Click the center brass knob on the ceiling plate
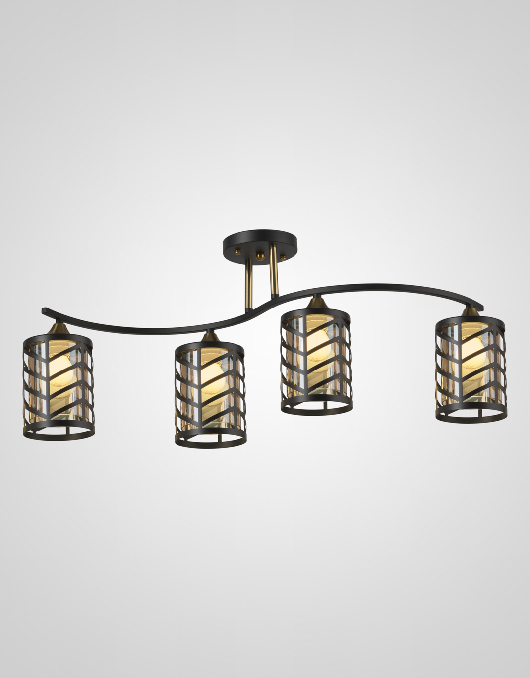tap(259, 256)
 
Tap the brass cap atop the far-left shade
tap(58, 328)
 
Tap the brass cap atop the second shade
tap(210, 337)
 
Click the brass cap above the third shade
tap(315, 301)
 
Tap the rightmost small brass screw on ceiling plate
tap(283, 257)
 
